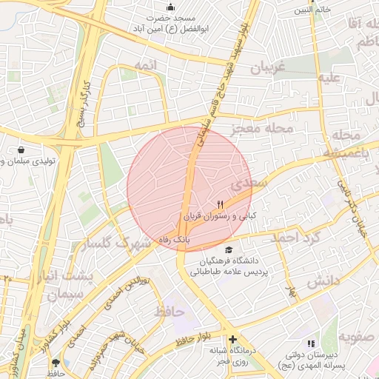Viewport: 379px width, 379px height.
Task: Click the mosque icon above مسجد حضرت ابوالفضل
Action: [172, 8]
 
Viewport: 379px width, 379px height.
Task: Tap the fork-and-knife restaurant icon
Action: [219, 204]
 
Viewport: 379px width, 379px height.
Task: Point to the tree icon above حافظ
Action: [56, 363]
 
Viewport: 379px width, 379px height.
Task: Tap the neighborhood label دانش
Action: [323, 281]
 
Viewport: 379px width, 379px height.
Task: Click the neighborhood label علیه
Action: [329, 77]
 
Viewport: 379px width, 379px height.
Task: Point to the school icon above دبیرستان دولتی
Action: [311, 343]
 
